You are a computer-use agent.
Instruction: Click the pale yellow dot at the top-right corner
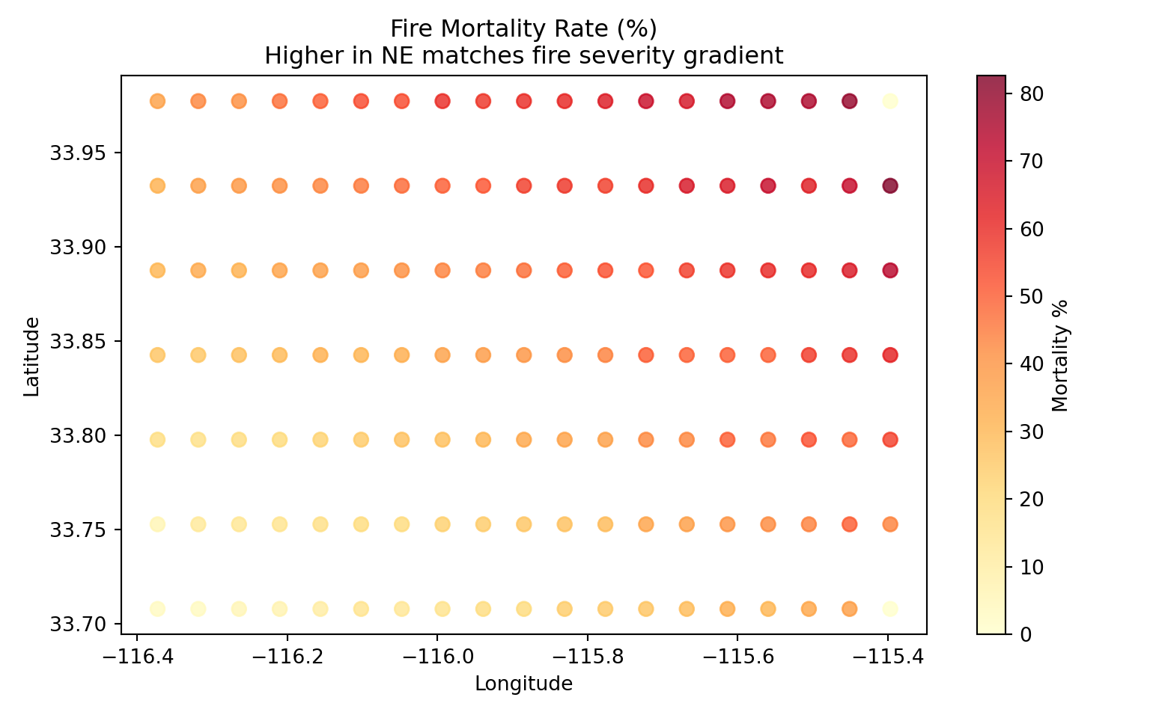pyautogui.click(x=889, y=101)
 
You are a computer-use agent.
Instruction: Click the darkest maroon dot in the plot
pyautogui.click(x=889, y=185)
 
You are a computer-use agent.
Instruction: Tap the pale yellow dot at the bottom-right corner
pyautogui.click(x=889, y=609)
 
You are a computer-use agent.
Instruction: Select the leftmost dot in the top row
pyautogui.click(x=157, y=101)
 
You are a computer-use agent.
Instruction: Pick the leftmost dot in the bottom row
pyautogui.click(x=157, y=609)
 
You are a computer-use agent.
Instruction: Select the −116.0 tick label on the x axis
pyautogui.click(x=436, y=654)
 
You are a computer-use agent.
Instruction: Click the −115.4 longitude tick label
pyautogui.click(x=887, y=654)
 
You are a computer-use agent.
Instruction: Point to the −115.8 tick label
pyautogui.click(x=587, y=654)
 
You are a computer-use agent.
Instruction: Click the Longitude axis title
pyautogui.click(x=523, y=684)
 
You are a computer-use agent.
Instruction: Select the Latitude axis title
pyautogui.click(x=31, y=356)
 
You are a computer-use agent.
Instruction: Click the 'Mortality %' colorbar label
pyautogui.click(x=1059, y=356)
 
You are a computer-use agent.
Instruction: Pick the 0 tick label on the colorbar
pyautogui.click(x=1026, y=634)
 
